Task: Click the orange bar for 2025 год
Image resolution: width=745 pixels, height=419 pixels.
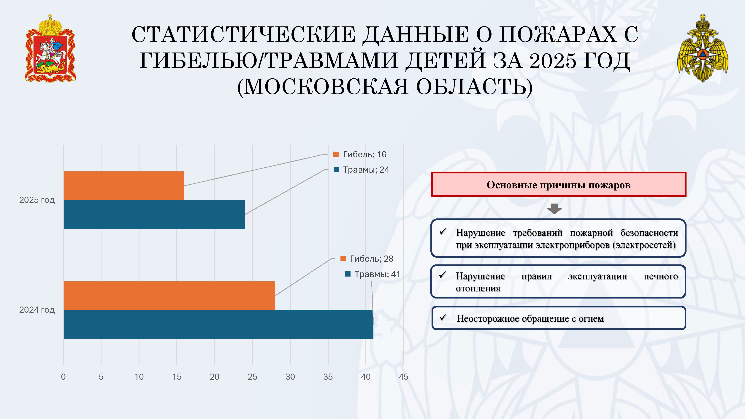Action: [x=124, y=186]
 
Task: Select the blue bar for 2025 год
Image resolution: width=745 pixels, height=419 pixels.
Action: [x=154, y=215]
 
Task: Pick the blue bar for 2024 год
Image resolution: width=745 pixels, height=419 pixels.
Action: [x=218, y=324]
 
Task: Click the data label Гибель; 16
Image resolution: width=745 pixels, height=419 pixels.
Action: [x=360, y=154]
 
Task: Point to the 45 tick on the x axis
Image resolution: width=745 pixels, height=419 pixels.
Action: [x=403, y=377]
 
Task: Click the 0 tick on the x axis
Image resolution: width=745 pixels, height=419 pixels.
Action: [x=63, y=377]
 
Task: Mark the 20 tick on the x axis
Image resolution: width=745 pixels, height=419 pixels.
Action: [x=215, y=377]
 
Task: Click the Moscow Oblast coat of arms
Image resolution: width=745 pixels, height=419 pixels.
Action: [x=50, y=48]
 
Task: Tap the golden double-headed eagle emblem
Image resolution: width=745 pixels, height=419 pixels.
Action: [x=703, y=48]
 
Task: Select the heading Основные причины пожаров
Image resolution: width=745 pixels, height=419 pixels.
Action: [x=558, y=185]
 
